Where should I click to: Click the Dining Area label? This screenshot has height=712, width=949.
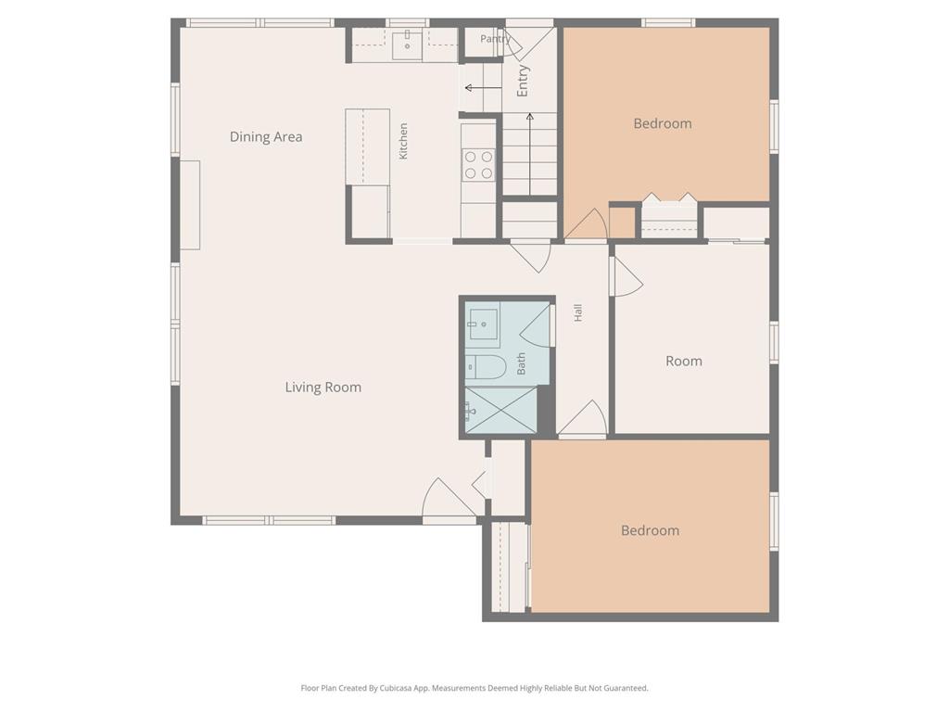(266, 137)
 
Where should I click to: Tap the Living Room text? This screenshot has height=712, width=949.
(323, 388)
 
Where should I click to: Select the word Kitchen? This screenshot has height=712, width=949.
(404, 141)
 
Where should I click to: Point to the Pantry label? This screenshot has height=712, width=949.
(496, 39)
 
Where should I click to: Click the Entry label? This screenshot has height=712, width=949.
(523, 82)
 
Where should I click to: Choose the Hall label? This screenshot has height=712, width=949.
(578, 312)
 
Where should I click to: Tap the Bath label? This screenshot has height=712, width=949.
(521, 363)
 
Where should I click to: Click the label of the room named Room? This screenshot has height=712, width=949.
(684, 362)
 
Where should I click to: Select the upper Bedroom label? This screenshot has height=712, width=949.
(663, 123)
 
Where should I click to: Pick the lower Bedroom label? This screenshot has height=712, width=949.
(650, 530)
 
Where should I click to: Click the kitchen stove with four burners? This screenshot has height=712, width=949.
(478, 165)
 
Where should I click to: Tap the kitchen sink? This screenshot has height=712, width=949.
(408, 45)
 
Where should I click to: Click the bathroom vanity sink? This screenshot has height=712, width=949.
(484, 324)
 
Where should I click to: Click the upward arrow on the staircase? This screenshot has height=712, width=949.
(530, 154)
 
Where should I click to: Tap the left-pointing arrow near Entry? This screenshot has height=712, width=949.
(483, 88)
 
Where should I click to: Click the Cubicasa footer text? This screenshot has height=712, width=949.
(474, 689)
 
